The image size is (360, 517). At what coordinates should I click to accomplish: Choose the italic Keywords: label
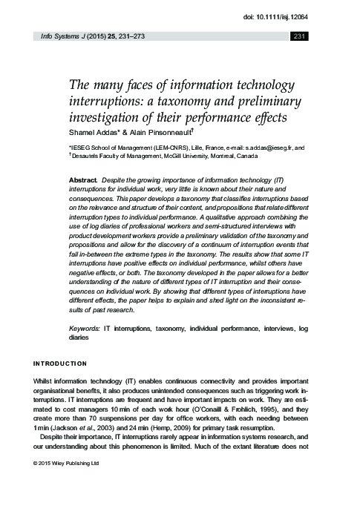click(83, 327)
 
